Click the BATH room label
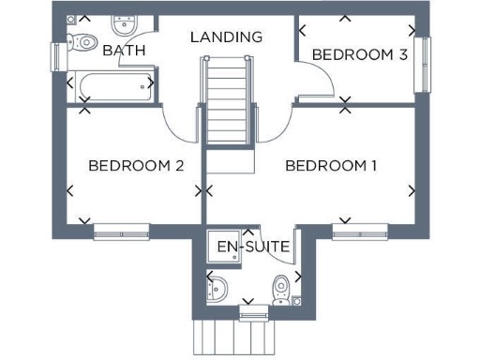point(124,50)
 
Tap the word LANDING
point(226,37)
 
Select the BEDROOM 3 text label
point(359,54)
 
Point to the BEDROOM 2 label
point(135,166)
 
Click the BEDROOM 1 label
point(331,166)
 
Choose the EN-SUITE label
point(253,247)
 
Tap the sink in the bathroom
point(123,24)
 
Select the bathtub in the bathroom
point(112,87)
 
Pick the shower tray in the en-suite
point(225,247)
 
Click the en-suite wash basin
point(215,288)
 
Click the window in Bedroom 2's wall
point(121,229)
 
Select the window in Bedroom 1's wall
point(359,229)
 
